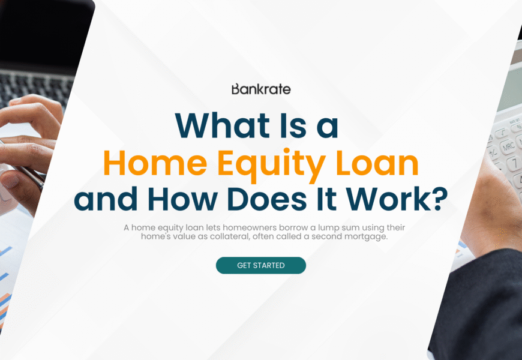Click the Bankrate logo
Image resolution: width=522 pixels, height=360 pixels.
pos(261,89)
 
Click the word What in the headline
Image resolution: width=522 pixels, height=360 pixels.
pos(222,125)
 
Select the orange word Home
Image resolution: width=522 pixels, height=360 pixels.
pos(155,163)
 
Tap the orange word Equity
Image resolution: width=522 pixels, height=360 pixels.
pos(271,166)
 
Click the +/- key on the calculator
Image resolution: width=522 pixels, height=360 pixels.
pos(493,152)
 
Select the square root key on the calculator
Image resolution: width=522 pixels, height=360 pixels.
pos(502,134)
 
